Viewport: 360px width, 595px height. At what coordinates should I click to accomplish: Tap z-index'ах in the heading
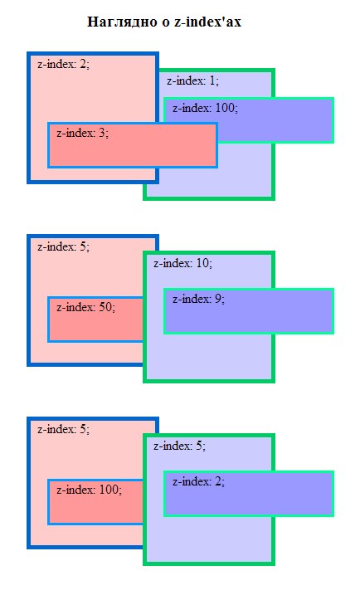(208, 22)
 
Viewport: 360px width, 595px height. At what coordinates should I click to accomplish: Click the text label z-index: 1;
(193, 81)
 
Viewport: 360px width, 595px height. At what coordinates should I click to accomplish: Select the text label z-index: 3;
(82, 132)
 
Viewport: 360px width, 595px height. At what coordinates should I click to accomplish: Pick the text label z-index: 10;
(182, 264)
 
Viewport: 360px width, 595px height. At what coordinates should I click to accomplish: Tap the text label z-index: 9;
(198, 300)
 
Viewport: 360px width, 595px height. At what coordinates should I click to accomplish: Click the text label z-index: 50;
(85, 307)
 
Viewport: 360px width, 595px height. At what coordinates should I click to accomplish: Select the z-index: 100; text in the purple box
(205, 108)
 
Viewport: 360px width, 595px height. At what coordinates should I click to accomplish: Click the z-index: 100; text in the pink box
(89, 490)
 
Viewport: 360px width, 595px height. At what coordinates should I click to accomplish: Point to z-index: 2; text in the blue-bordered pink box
(63, 65)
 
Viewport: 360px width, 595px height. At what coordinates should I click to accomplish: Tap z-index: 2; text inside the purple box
(198, 481)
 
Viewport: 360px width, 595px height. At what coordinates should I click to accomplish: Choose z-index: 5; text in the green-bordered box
(178, 446)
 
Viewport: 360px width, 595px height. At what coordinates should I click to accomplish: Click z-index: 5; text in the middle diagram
(63, 247)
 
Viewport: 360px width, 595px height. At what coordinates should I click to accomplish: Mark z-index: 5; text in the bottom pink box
(63, 430)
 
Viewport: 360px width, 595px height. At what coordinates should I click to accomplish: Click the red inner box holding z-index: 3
(133, 151)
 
